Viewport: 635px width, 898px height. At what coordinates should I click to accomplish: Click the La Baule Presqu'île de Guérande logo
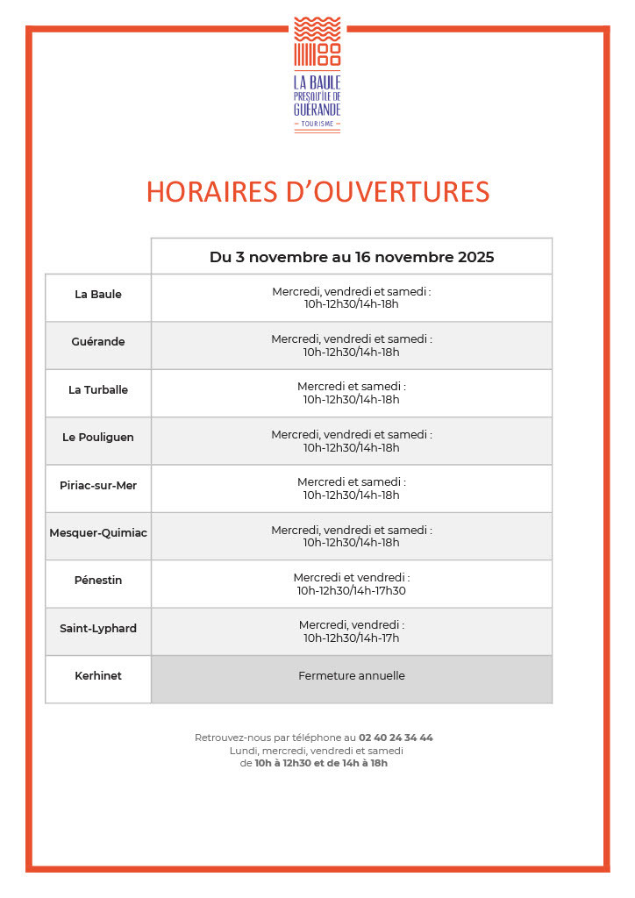tap(317, 74)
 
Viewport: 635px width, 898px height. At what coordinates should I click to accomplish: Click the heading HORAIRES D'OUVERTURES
tap(317, 192)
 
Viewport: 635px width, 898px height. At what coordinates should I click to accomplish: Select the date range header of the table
tap(351, 257)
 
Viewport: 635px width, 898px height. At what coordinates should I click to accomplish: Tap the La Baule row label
tap(98, 295)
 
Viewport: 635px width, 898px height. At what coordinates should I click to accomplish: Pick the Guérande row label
tap(98, 342)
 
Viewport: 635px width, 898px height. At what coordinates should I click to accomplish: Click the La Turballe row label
tap(98, 390)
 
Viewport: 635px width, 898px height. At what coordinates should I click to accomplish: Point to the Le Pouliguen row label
tap(98, 438)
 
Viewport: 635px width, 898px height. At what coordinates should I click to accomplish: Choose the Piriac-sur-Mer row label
tap(98, 486)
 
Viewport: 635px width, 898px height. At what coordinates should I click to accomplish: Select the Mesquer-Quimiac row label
tap(98, 533)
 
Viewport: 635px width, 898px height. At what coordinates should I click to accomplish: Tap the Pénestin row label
tap(98, 581)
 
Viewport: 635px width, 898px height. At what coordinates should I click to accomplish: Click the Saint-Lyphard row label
tap(98, 629)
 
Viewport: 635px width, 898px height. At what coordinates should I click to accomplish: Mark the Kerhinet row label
tap(98, 676)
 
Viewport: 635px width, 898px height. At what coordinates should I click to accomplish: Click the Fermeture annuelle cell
tap(351, 676)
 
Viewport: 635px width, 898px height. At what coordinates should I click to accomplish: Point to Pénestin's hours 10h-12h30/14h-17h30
tap(351, 591)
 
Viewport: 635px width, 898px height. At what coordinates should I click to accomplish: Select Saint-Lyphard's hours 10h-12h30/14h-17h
tap(351, 638)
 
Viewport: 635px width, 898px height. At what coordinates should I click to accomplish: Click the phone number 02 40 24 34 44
tap(396, 738)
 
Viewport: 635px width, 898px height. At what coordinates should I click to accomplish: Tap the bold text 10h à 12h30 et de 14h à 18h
tap(321, 763)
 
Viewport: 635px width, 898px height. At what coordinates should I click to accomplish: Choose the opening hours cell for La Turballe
tap(351, 393)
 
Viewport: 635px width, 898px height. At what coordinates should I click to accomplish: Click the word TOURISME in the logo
tap(317, 124)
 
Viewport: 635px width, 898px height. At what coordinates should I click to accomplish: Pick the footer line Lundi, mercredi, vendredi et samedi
tap(317, 751)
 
